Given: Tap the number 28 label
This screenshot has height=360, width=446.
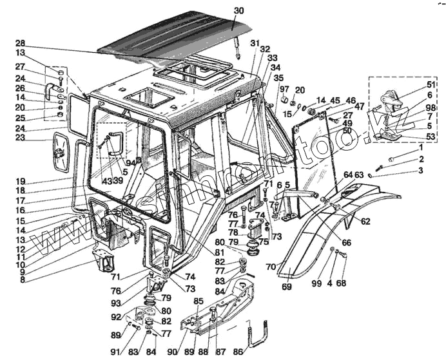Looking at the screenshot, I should [x=20, y=43].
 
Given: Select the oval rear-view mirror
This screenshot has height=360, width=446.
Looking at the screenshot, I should [x=62, y=152].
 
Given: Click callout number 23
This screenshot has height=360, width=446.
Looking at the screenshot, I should [x=20, y=137].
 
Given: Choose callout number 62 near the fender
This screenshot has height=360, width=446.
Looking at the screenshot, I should [x=365, y=222].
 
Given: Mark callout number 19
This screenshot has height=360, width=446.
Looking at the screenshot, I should [x=20, y=181].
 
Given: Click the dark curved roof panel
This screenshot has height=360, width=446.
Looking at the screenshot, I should [x=174, y=35].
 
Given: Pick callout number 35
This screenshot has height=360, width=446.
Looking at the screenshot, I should [x=278, y=77].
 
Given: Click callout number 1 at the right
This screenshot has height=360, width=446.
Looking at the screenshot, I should [x=420, y=149].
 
